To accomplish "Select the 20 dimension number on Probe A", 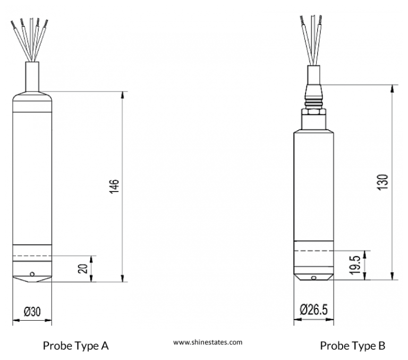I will coord(83,268).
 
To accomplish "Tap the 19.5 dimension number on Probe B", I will coord(355,264).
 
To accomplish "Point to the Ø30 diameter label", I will coord(32,312).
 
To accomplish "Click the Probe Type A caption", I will coord(76,346).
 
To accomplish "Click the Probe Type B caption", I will coord(352,346).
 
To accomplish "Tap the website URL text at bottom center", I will coord(207,342).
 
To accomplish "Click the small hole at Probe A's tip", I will coord(32,274).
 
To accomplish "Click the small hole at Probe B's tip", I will coord(314,277).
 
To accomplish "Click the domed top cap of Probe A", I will coord(32,97).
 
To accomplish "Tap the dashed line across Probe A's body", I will coord(32,256).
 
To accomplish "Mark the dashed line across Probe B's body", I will coord(314,250).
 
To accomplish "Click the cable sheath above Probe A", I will coord(32,74).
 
